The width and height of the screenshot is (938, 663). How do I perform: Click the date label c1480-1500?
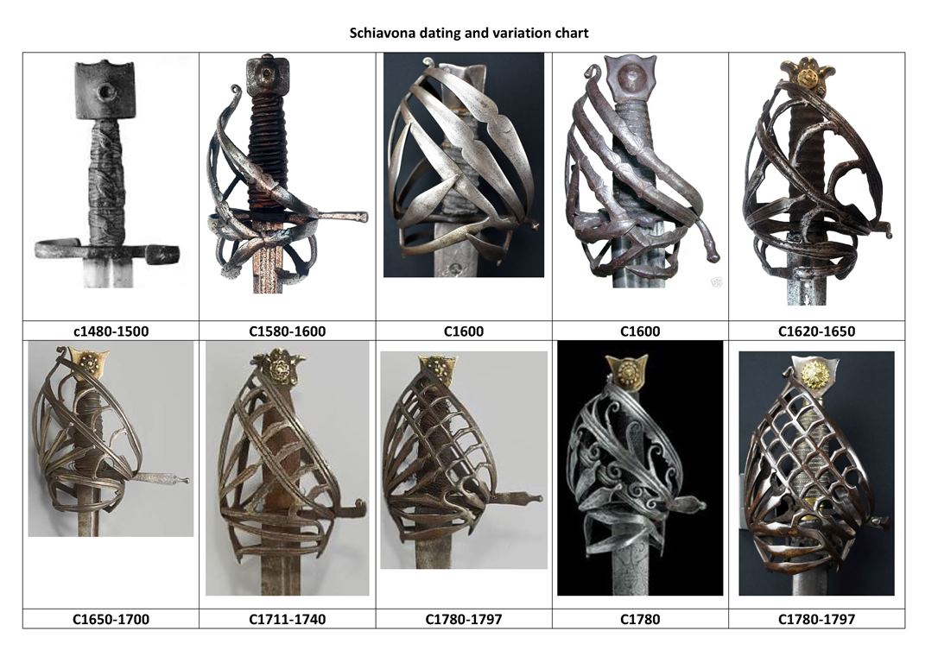[x=111, y=331]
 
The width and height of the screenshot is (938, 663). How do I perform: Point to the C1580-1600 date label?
[x=288, y=331]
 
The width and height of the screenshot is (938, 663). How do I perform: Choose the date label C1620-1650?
[x=816, y=331]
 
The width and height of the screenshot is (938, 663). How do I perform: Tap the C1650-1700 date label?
[x=111, y=619]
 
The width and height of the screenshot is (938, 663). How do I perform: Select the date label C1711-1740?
[x=288, y=619]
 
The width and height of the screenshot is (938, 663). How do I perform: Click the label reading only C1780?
[x=640, y=619]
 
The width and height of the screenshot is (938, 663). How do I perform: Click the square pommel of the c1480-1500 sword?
[x=106, y=90]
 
